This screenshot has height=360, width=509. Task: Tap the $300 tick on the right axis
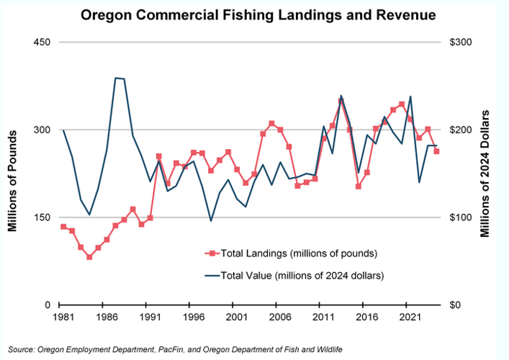coord(461,42)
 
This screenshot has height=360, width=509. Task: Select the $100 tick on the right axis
coord(461,217)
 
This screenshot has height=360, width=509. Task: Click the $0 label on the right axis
coord(457,305)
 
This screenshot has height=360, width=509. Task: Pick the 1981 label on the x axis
coord(63,317)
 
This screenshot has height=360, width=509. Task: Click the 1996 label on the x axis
coord(192,317)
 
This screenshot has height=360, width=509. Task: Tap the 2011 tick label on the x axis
coord(320,317)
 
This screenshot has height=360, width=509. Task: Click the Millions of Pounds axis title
coord(13,173)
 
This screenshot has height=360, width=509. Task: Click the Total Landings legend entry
coord(288,253)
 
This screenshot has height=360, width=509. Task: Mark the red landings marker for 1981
coord(63,227)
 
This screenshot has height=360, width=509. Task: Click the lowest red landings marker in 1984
coord(89,257)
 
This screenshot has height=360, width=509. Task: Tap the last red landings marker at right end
coord(436,151)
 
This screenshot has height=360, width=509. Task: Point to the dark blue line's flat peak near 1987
coord(120,78)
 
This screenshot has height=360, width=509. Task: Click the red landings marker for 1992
coord(158,156)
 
